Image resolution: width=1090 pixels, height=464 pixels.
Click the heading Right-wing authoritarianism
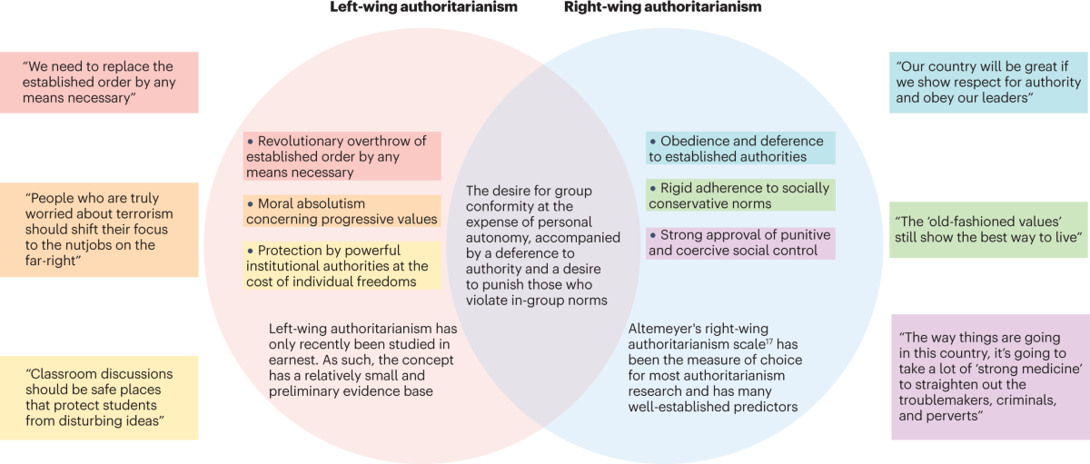point(662,8)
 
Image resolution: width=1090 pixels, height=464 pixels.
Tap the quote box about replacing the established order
point(99,82)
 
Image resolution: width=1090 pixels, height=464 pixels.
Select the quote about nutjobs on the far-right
point(99,230)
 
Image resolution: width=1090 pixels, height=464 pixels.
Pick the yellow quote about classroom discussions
point(99,398)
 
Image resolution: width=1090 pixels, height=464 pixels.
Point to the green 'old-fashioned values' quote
point(988,229)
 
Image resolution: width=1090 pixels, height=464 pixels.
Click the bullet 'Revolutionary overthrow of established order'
point(342,156)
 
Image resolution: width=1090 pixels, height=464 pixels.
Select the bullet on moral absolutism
point(342,211)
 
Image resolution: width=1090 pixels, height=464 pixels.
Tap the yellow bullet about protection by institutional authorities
point(342,266)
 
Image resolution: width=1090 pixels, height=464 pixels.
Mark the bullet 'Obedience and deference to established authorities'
point(740,148)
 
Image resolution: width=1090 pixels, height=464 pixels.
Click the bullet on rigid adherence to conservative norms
point(740,195)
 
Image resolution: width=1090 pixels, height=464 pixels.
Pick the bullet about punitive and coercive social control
point(740,242)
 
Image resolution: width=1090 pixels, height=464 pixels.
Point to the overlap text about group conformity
point(543,245)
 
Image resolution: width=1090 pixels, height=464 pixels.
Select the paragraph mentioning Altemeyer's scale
point(712,368)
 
